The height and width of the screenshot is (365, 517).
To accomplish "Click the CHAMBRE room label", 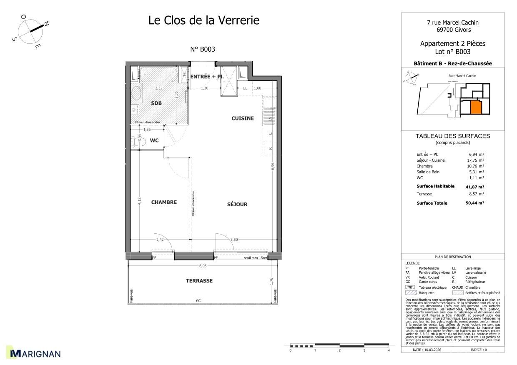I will tap(164, 202).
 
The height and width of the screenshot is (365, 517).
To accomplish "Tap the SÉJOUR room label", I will tap(237, 204).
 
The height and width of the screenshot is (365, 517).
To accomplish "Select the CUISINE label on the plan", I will tap(242, 118).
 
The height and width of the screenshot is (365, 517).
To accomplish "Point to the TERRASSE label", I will tap(199, 281).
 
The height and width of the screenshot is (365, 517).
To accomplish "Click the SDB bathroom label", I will tap(156, 103).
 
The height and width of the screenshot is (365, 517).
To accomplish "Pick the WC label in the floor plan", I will tap(154, 140).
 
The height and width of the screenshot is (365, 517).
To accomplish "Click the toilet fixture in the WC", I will tap(139, 142).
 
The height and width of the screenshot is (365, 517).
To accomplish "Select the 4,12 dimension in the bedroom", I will tap(140, 201).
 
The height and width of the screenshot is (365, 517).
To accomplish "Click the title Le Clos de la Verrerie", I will tap(203, 20).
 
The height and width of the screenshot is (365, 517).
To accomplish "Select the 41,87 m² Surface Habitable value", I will tap(474, 187).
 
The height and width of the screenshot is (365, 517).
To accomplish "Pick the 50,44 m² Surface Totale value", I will tap(474, 203).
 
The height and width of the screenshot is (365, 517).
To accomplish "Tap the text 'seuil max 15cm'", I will tap(255, 258).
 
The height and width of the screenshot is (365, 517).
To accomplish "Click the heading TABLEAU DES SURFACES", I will tap(452, 136).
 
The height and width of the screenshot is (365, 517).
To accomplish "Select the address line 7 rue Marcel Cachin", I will tap(452, 23).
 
